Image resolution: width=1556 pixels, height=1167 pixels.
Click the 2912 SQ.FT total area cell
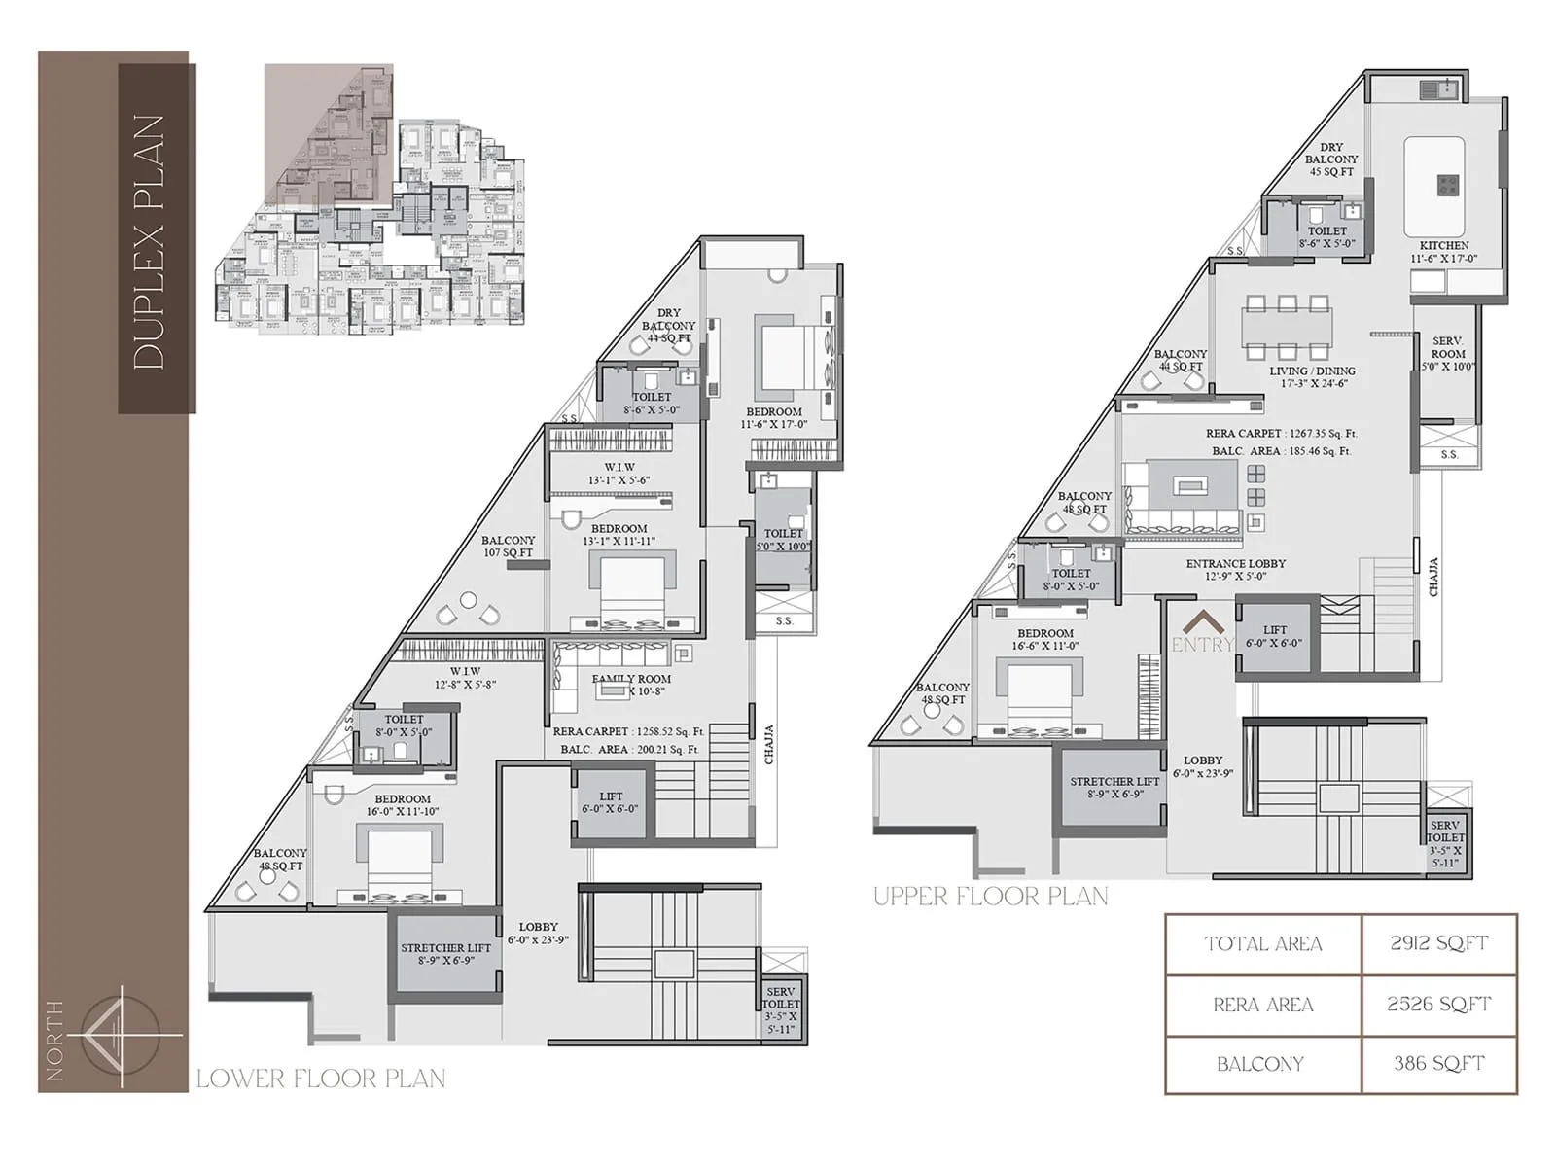(1438, 943)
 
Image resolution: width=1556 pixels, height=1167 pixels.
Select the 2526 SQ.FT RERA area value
(1438, 1005)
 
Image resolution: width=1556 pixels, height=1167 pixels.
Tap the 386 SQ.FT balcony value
(1438, 1064)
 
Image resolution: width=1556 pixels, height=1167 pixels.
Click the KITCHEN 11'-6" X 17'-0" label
(1444, 252)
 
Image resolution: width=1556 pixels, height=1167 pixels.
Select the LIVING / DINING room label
(1312, 377)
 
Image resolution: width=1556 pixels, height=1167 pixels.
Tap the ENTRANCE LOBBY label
(1235, 570)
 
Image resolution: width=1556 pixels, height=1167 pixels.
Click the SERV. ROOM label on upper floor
(1447, 354)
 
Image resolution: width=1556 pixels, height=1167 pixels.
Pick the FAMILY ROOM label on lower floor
(631, 685)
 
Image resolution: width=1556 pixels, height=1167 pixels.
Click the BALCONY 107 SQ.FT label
(508, 547)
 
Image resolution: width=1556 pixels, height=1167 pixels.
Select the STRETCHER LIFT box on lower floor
(445, 954)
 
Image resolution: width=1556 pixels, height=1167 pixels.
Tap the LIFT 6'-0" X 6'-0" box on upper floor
(1274, 637)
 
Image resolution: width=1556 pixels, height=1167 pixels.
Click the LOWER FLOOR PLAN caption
(321, 1079)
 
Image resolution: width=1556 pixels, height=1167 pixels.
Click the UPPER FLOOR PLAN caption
(990, 897)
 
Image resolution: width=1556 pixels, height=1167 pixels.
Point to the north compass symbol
(120, 1036)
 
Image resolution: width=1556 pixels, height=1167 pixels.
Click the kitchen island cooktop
(1448, 184)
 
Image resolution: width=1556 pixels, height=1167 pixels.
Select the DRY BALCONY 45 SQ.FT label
(1330, 159)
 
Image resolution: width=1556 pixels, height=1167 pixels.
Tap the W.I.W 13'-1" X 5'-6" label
(619, 474)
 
